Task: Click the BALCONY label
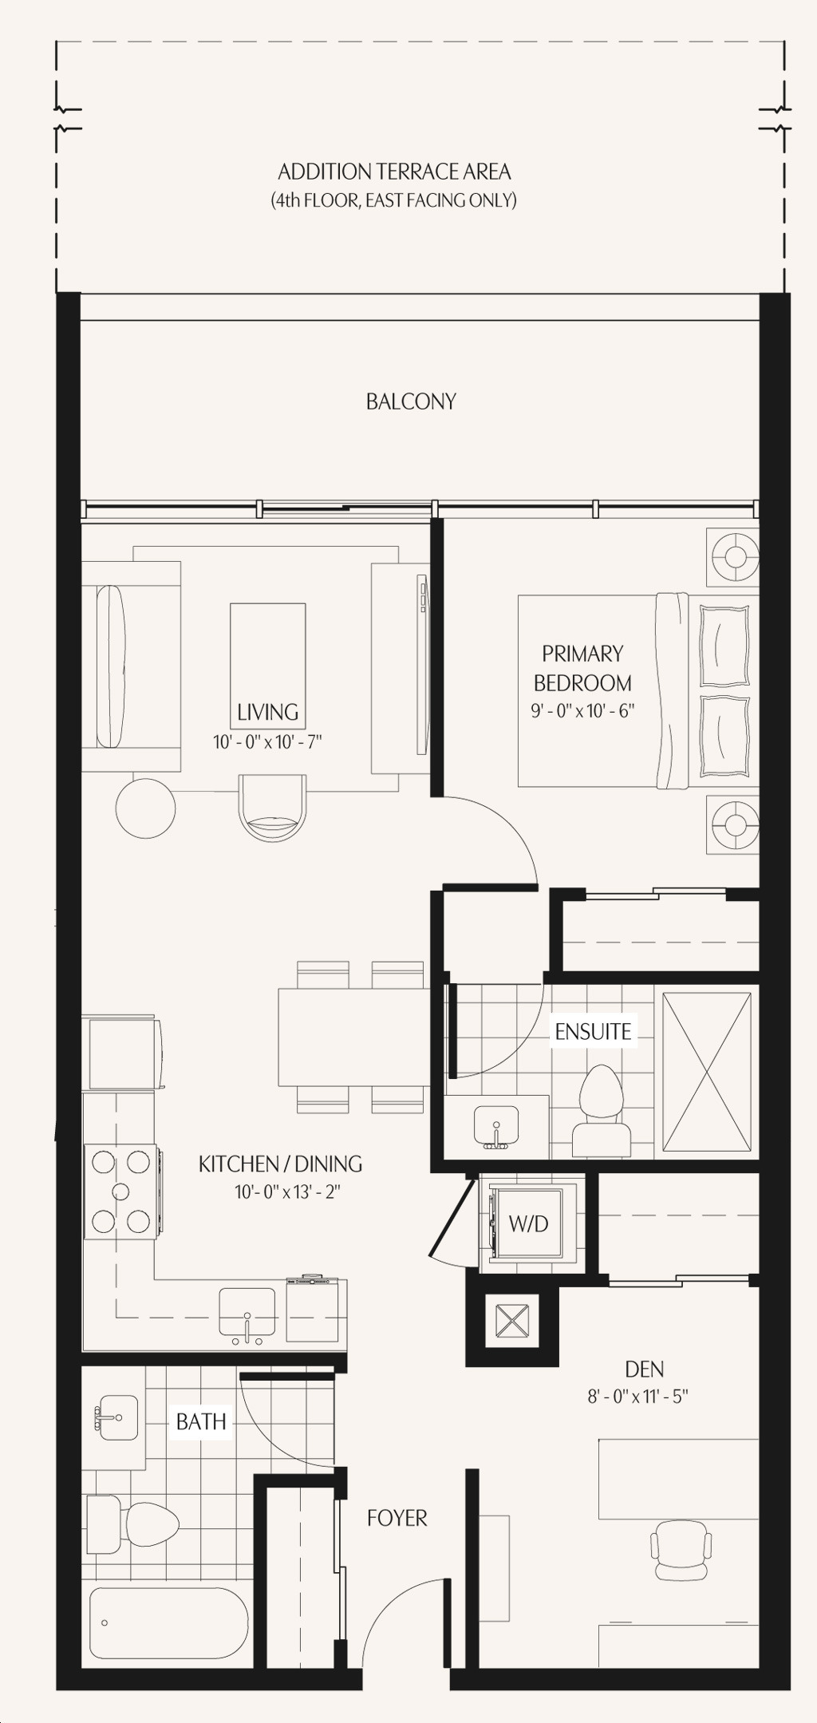[411, 401]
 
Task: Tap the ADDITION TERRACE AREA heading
[394, 172]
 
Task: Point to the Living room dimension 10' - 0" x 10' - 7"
[267, 742]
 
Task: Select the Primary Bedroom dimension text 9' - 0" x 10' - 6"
[582, 710]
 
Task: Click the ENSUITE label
[593, 1032]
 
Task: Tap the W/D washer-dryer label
[528, 1223]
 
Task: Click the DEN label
[645, 1369]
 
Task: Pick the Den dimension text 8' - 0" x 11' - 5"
[638, 1397]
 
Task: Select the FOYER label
[397, 1518]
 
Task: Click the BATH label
[201, 1421]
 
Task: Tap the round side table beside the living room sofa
[145, 808]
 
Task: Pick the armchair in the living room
[272, 808]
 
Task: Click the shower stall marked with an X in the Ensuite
[707, 1072]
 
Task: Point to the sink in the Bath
[118, 1417]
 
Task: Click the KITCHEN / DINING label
[280, 1164]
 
